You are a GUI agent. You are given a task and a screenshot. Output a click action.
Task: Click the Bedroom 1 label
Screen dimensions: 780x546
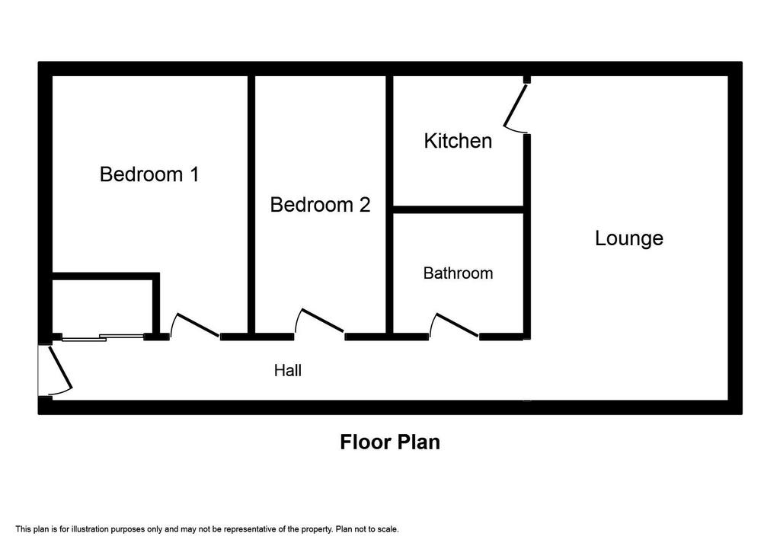pyautogui.click(x=149, y=174)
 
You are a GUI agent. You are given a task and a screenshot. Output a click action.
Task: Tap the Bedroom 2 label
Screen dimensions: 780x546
pyautogui.click(x=321, y=205)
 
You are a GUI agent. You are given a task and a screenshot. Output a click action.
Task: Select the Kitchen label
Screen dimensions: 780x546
pyautogui.click(x=458, y=141)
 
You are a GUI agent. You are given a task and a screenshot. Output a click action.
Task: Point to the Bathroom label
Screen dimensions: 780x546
pyautogui.click(x=458, y=273)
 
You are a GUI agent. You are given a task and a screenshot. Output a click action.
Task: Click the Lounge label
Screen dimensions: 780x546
pyautogui.click(x=629, y=238)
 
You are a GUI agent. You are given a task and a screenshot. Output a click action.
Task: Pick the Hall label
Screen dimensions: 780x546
pyautogui.click(x=287, y=370)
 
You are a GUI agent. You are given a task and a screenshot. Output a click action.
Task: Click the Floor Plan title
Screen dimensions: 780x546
pyautogui.click(x=390, y=442)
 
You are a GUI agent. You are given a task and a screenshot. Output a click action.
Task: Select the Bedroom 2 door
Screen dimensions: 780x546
pyautogui.click(x=322, y=321)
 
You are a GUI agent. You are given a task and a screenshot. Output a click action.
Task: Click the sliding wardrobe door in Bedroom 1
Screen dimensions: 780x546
pyautogui.click(x=103, y=338)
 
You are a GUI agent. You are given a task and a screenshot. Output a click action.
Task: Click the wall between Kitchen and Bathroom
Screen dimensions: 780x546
pyautogui.click(x=458, y=209)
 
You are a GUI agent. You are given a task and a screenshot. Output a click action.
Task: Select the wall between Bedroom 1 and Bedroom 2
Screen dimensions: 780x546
pyautogui.click(x=251, y=204)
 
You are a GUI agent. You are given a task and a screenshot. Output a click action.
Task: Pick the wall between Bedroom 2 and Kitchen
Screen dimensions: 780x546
pyautogui.click(x=389, y=204)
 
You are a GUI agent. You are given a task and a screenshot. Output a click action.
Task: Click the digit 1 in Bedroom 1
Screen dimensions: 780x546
pyautogui.click(x=195, y=174)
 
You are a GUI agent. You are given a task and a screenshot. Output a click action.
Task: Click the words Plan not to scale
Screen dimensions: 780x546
pyautogui.click(x=367, y=529)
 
